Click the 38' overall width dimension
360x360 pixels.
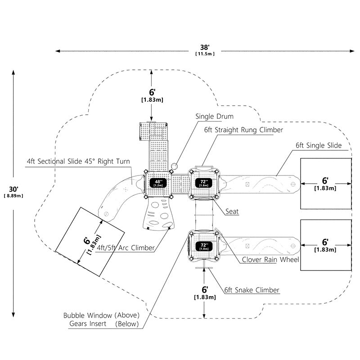[x=205, y=47]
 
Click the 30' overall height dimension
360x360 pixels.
[x=14, y=189]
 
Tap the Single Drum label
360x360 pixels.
[x=215, y=117]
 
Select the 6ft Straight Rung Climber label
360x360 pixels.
[x=243, y=130]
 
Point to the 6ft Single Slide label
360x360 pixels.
[x=319, y=145]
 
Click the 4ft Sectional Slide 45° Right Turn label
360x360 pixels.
[x=78, y=162]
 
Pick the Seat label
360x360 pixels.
[x=232, y=211]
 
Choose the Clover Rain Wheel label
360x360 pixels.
[x=270, y=260]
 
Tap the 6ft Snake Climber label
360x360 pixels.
[x=252, y=290]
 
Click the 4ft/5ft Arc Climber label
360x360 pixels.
[x=126, y=248]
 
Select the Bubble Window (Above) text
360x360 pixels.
[x=102, y=315]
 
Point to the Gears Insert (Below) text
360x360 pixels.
[x=104, y=324]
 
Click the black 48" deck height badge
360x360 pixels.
[x=158, y=183]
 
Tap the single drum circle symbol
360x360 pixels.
[x=174, y=166]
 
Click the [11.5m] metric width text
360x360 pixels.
[x=205, y=54]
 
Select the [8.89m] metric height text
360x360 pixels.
[x=13, y=196]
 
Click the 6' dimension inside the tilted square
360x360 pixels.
[x=86, y=241]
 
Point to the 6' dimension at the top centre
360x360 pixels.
[x=152, y=92]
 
